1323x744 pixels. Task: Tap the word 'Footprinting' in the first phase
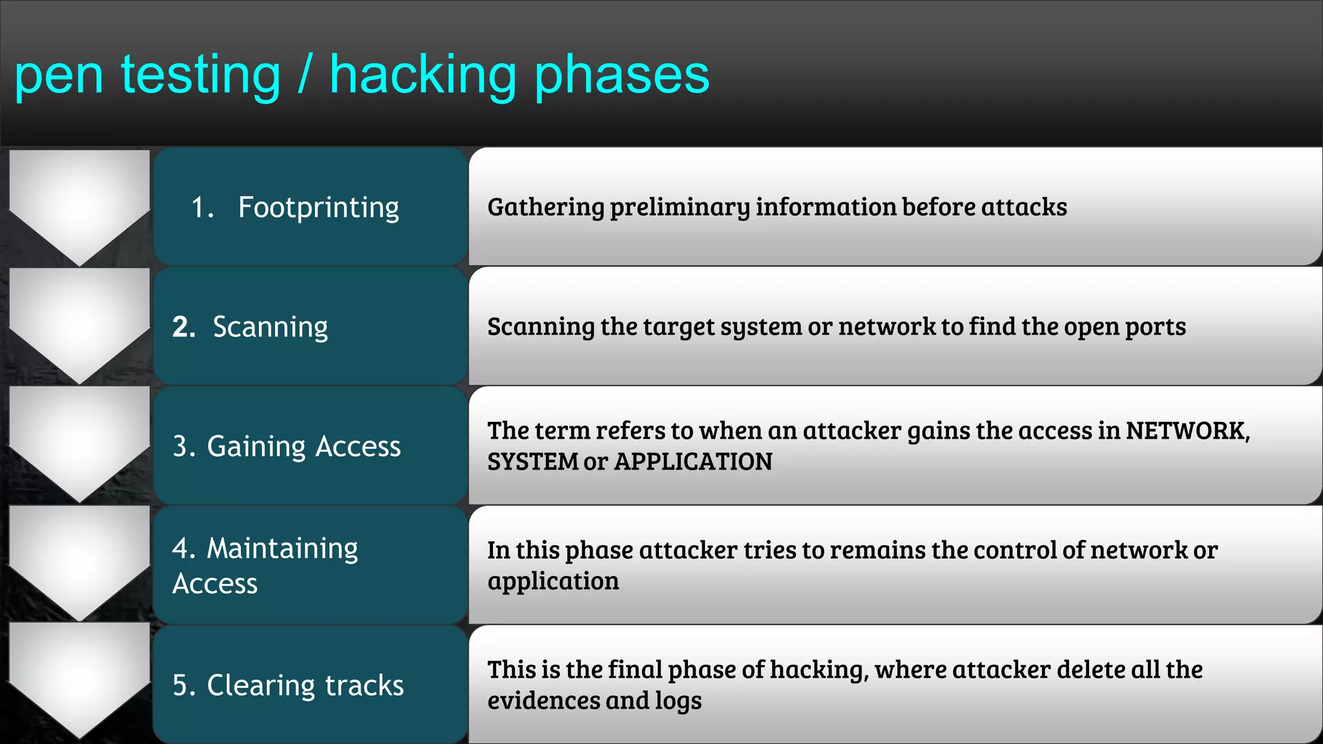(x=318, y=208)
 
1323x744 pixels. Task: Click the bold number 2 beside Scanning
(x=183, y=327)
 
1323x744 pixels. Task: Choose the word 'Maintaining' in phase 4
(x=282, y=549)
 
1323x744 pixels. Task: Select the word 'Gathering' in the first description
(x=546, y=207)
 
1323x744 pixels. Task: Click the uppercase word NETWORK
(x=1187, y=431)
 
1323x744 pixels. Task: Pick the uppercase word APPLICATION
(x=693, y=462)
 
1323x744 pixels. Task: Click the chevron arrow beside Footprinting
(x=79, y=207)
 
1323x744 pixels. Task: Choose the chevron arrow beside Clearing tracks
(x=79, y=678)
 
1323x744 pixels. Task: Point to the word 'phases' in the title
(x=622, y=76)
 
